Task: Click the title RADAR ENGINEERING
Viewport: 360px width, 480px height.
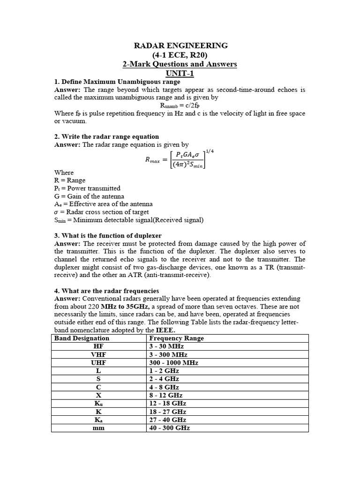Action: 181,45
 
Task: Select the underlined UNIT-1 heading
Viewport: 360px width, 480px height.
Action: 180,73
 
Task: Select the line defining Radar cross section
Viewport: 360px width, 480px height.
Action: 103,212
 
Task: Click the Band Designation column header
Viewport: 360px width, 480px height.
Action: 82,338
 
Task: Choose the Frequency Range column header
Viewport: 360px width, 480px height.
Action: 176,338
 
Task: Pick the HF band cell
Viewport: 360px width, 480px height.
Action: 99,346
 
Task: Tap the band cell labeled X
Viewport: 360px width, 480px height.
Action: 99,395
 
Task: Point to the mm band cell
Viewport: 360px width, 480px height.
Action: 99,427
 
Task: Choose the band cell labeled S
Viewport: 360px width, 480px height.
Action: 99,379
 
